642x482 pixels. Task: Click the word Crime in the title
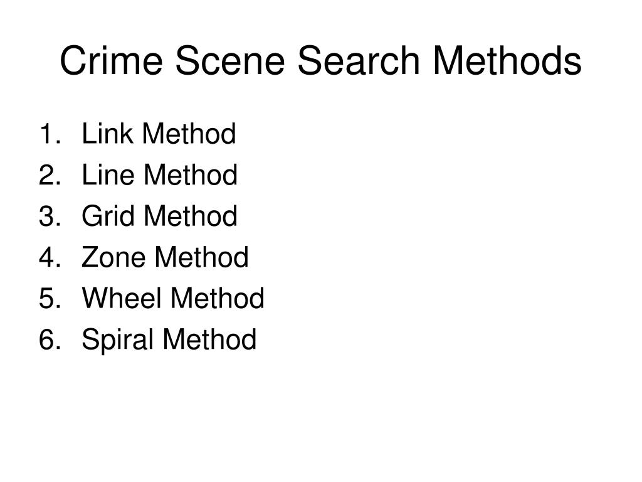(x=109, y=62)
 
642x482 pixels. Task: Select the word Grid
(x=105, y=217)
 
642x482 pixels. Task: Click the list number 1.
(x=50, y=134)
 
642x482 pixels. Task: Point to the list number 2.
(x=50, y=175)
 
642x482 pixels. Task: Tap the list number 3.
(x=50, y=217)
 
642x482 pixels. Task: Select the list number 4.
(x=50, y=257)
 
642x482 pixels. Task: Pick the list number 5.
(x=50, y=299)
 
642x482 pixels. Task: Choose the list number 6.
(x=50, y=340)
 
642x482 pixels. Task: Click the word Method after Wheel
(x=218, y=299)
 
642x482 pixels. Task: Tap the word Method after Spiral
(x=209, y=340)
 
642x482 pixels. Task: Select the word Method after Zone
(x=202, y=257)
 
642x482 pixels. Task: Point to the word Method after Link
(x=189, y=134)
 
